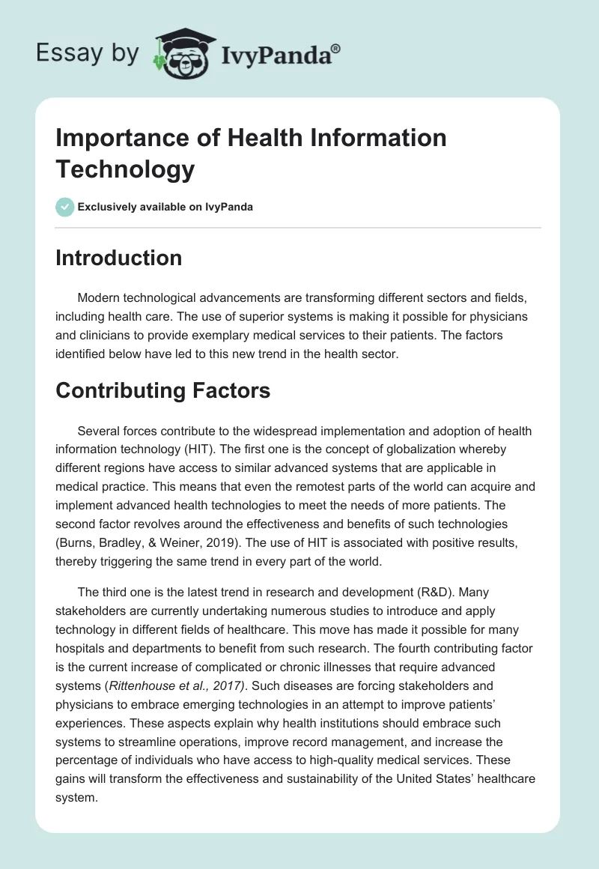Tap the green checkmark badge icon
coord(65,207)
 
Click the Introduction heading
coord(119,258)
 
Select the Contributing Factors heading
coord(162,390)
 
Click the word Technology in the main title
coord(126,169)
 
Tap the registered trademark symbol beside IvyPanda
coord(337,47)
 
